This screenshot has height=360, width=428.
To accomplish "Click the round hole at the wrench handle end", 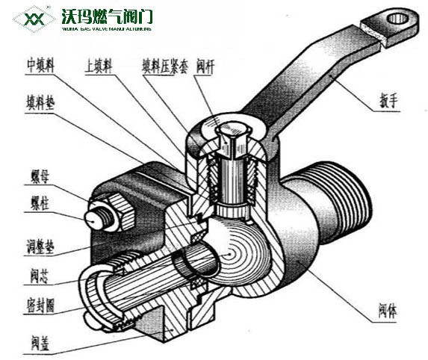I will (x=397, y=16).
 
